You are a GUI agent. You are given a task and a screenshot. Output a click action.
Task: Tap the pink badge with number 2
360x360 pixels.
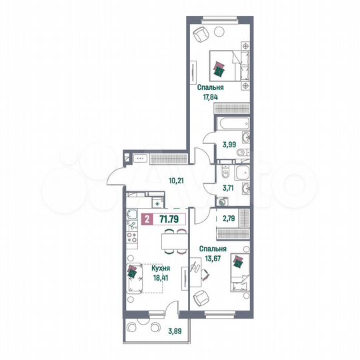[x=147, y=217]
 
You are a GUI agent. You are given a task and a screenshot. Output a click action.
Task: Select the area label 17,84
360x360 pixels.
[x=211, y=97]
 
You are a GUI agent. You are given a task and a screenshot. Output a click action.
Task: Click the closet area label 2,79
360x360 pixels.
[x=229, y=218]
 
